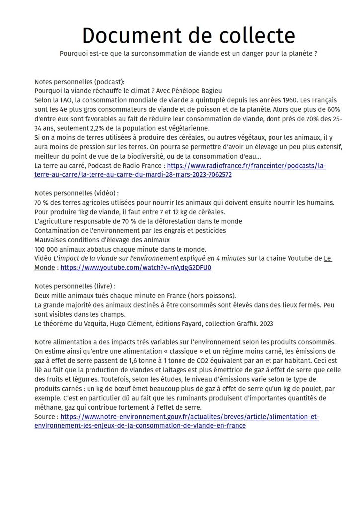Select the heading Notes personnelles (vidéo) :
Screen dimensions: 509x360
[x=77, y=193]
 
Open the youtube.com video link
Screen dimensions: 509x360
[x=136, y=267]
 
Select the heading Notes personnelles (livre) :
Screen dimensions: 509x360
[x=75, y=286]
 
